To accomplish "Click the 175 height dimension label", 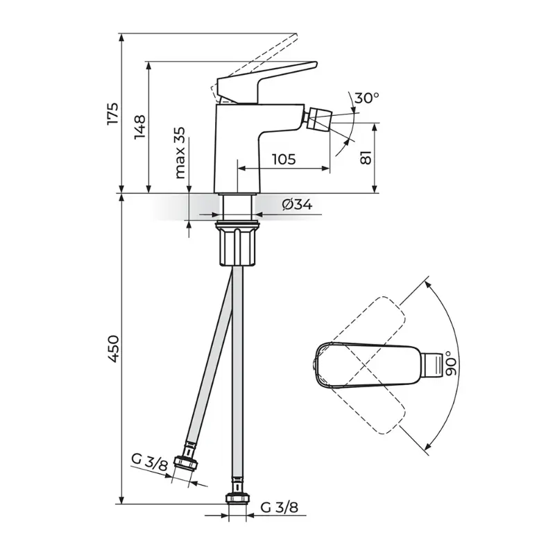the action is (113, 113).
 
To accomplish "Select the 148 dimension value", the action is (140, 127).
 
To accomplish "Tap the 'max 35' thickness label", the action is (180, 153).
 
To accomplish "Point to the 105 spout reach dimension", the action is (284, 160).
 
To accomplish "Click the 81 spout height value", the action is (366, 157).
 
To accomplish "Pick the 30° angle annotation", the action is (366, 98).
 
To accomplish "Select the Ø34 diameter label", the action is (298, 204).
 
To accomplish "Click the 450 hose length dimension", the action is (114, 349).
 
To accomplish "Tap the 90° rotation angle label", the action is (451, 364).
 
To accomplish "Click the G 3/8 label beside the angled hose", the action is (149, 463).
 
